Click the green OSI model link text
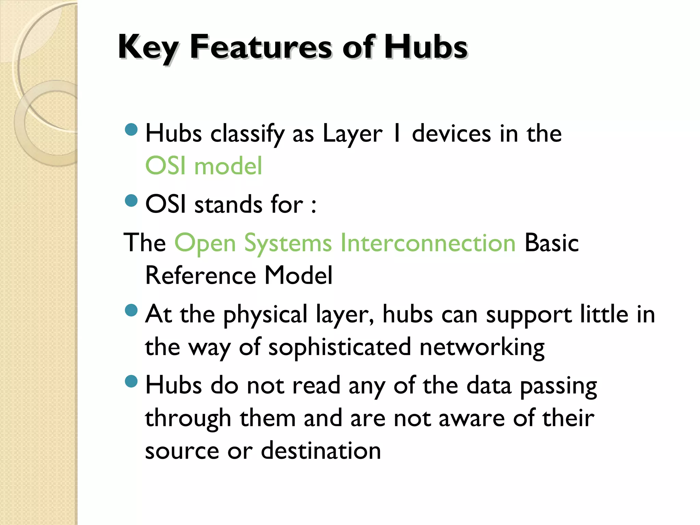[204, 166]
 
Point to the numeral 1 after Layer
[396, 133]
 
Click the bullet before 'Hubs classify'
[131, 130]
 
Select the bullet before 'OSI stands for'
[131, 201]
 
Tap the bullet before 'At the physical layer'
[131, 310]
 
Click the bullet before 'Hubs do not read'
[131, 381]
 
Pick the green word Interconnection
[428, 243]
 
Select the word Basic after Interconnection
[551, 243]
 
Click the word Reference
[200, 275]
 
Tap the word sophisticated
[339, 347]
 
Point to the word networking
[482, 347]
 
